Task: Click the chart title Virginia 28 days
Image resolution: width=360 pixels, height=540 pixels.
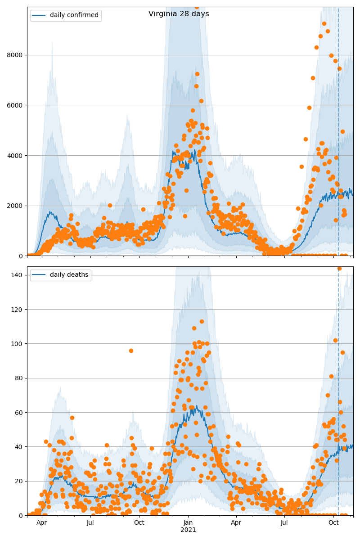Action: [179, 14]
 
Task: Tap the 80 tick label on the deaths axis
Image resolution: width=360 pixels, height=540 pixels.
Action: [20, 378]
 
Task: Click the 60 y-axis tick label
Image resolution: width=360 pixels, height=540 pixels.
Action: [20, 412]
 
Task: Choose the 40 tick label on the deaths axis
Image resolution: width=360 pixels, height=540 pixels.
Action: [20, 447]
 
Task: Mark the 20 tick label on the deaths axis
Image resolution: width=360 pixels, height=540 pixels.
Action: [20, 481]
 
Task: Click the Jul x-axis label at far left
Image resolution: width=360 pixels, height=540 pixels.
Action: [90, 523]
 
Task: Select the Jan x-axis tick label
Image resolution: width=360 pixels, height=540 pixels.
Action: [188, 523]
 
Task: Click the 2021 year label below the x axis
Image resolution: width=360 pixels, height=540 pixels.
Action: [188, 530]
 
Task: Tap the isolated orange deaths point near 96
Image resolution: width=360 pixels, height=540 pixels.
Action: [131, 351]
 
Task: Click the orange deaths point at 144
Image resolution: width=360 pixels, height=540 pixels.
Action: [339, 269]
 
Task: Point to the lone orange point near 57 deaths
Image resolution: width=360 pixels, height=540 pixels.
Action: [72, 418]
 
